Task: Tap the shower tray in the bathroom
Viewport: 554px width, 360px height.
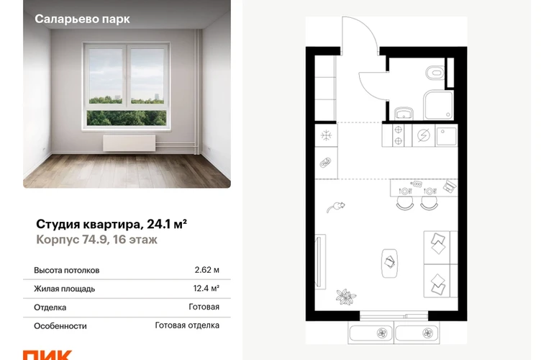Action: [438, 105]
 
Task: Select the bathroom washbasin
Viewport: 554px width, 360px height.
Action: [404, 113]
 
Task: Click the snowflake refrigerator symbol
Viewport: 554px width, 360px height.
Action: [326, 135]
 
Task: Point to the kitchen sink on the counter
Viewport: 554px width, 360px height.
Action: [446, 136]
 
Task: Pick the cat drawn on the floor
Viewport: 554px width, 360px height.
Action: [335, 207]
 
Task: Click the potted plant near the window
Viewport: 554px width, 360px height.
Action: [346, 297]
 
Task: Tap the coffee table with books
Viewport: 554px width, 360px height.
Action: [389, 263]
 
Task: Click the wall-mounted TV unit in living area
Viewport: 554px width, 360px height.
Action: [319, 261]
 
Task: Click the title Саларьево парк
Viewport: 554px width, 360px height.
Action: [82, 19]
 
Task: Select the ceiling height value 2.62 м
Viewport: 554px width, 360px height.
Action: [206, 270]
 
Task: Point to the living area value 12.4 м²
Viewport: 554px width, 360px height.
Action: [206, 289]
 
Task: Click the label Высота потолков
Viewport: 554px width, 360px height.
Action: [67, 271]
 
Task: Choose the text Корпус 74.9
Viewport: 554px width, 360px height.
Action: [71, 240]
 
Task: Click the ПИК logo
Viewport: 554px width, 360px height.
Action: [47, 355]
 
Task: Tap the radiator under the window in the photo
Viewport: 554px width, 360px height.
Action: [129, 143]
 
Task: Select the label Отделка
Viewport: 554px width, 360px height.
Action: [50, 307]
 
